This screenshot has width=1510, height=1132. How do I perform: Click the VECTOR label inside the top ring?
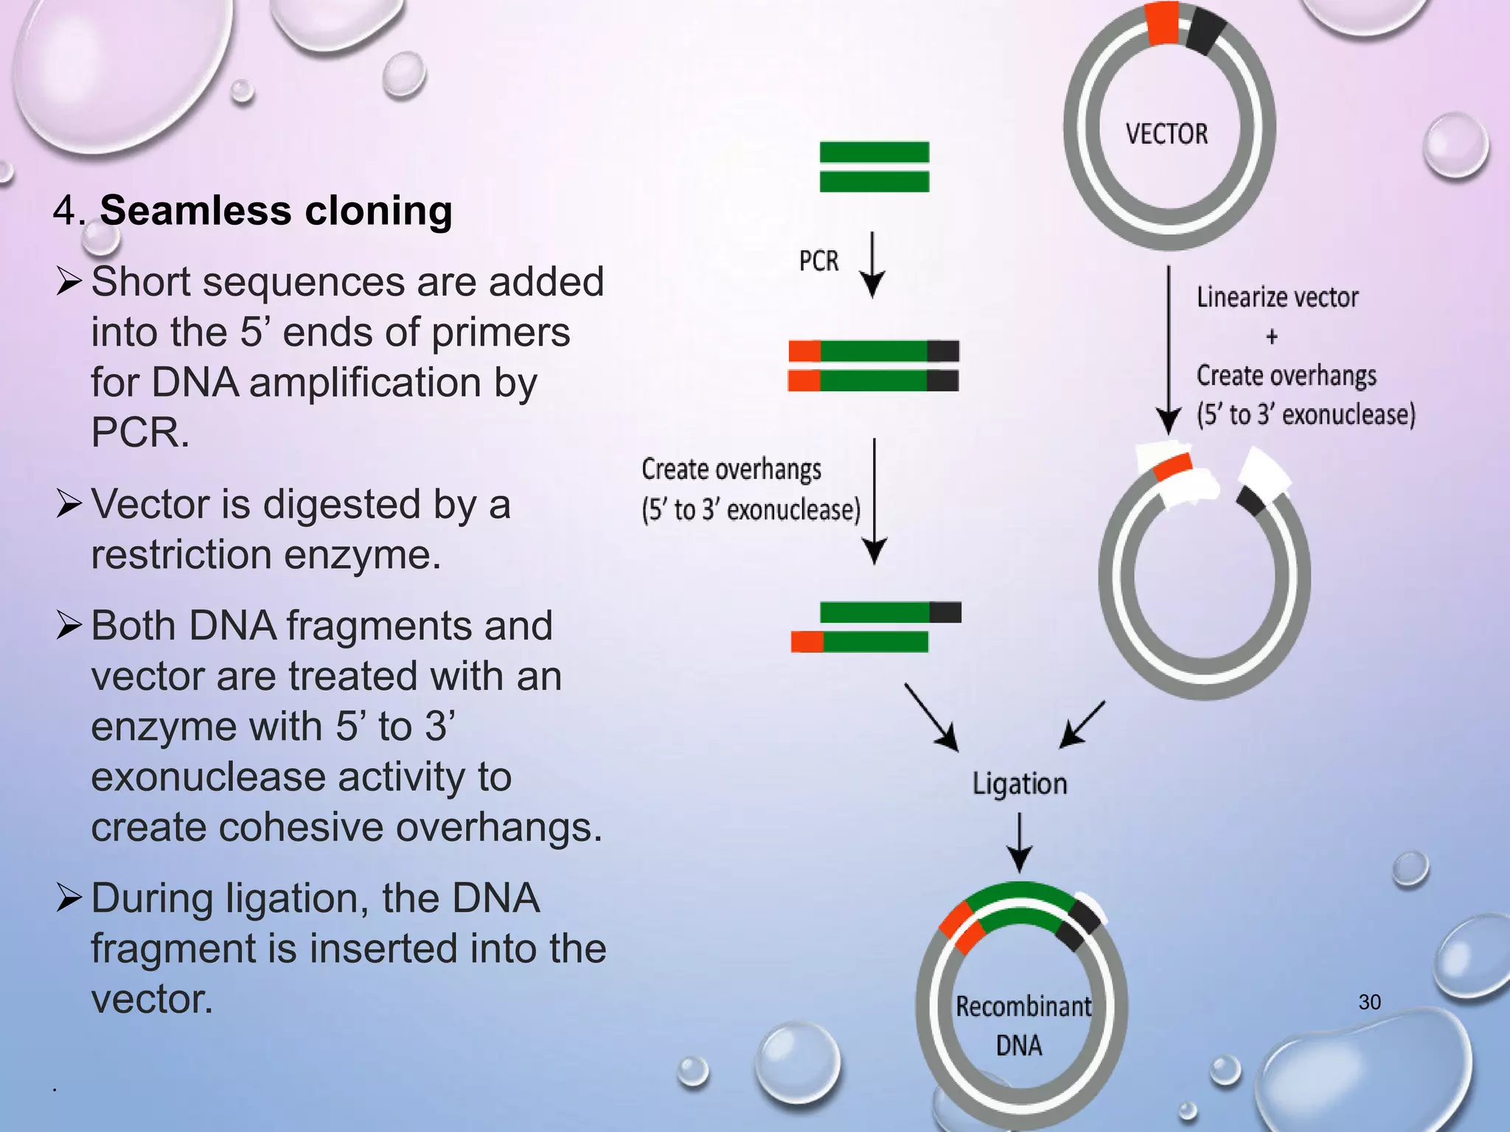1166,134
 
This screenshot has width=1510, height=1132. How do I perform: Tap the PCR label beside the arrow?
818,261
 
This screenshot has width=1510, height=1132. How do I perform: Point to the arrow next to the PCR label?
873,265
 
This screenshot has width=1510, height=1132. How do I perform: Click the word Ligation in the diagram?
1019,783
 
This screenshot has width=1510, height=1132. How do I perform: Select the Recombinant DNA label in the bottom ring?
1022,1025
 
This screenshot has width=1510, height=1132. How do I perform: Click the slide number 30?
1369,1002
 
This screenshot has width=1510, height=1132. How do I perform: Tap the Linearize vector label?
1277,298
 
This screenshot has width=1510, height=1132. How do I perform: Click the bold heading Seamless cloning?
276,211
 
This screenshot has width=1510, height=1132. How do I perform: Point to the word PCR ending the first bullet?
139,433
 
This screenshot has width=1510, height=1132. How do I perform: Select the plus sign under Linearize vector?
1272,338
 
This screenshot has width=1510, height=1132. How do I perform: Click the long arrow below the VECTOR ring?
1168,350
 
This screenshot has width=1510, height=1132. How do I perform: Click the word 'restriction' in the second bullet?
181,555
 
